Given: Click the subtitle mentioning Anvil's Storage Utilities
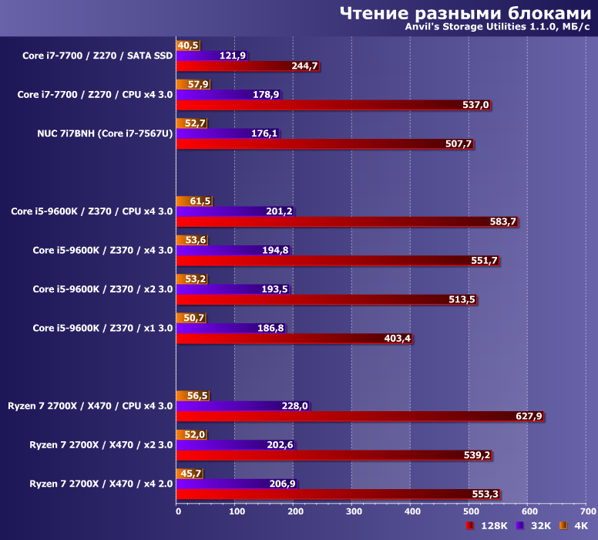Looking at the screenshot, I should [497, 28].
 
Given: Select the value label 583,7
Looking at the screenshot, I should [503, 222].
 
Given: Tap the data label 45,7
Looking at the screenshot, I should [190, 474].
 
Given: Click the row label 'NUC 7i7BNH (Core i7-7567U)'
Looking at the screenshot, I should [105, 133].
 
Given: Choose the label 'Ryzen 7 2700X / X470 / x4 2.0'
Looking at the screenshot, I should [101, 484].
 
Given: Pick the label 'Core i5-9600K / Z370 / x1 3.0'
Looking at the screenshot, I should [102, 328].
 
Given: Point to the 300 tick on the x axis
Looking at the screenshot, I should [353, 511].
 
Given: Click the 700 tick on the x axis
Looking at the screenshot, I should [587, 511].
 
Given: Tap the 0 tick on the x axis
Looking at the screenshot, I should [178, 511].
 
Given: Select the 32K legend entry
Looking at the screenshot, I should [535, 526].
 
